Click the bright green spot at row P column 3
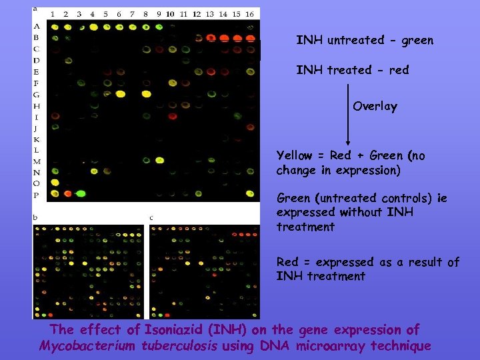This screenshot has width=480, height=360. point(81,193)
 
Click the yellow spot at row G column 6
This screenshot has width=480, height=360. point(120,94)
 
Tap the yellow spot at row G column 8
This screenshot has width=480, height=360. point(146,94)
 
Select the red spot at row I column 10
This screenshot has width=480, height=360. point(172,116)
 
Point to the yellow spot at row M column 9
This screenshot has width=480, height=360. point(159,160)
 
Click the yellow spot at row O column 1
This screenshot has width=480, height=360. point(55,182)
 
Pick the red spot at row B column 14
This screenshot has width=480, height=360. point(224,38)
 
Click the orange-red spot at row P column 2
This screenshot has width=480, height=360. point(67,193)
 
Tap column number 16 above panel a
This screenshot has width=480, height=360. point(249,14)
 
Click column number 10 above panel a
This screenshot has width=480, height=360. point(171,14)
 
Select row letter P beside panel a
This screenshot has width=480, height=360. point(37,195)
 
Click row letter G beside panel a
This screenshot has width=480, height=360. point(37,94)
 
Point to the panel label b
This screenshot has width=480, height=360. point(36,217)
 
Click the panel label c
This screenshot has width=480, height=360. point(151,217)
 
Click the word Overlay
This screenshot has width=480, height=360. point(375,107)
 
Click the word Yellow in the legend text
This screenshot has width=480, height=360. point(294,156)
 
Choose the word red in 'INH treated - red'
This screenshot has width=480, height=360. point(398,70)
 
